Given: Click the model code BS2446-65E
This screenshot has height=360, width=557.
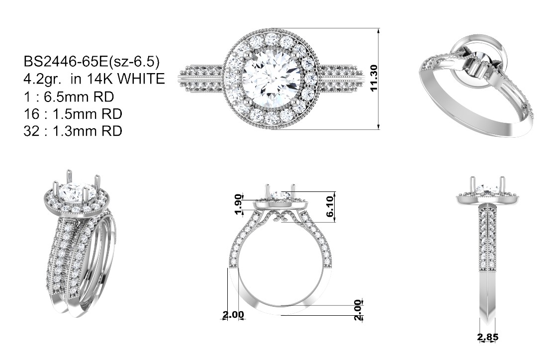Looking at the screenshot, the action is pyautogui.click(x=66, y=62).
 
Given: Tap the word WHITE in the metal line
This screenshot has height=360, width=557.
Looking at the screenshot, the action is pyautogui.click(x=141, y=79).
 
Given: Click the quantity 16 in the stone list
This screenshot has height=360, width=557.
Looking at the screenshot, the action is pyautogui.click(x=31, y=113).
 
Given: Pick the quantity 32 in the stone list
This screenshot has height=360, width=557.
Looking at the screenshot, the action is pyautogui.click(x=32, y=131).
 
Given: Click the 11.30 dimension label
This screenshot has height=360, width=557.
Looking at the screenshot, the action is pyautogui.click(x=373, y=78).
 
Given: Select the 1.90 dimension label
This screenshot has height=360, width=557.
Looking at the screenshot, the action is pyautogui.click(x=239, y=204).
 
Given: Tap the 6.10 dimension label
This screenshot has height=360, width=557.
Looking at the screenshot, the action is pyautogui.click(x=330, y=206).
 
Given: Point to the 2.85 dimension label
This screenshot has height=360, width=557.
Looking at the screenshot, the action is pyautogui.click(x=488, y=337).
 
